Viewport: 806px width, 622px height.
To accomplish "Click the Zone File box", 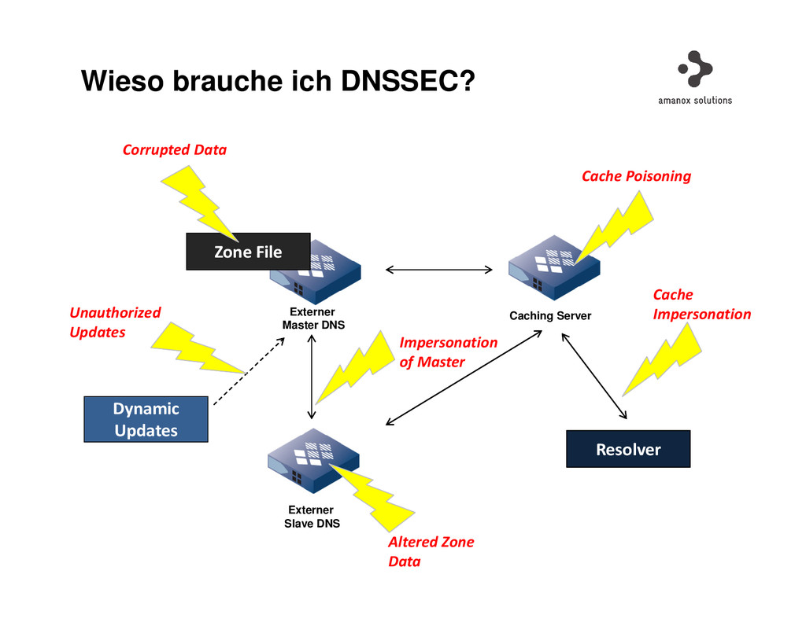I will pos(248,252).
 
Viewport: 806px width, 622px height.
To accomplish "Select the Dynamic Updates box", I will pos(146,419).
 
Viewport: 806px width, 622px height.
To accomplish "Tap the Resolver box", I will pos(628,449).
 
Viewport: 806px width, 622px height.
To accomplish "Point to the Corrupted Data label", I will pos(174,149).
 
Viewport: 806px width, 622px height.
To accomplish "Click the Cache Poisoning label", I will pos(636,176).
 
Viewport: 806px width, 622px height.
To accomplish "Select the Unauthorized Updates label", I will pos(115,322).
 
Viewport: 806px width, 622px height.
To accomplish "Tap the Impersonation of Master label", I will pos(448,352).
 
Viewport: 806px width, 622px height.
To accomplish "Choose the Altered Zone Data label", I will pos(431,551).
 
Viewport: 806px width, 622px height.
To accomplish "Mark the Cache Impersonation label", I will pos(701,304).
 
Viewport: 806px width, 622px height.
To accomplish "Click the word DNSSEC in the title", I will pos(408,80).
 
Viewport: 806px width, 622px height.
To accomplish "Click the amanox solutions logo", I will pos(695,79).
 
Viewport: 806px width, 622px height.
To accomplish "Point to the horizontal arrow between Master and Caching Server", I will pos(438,271).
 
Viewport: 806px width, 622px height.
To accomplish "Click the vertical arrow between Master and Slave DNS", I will pos(312,376).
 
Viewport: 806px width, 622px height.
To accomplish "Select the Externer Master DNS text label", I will pos(312,318).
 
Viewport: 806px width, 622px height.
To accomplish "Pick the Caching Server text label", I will pos(550,316).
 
